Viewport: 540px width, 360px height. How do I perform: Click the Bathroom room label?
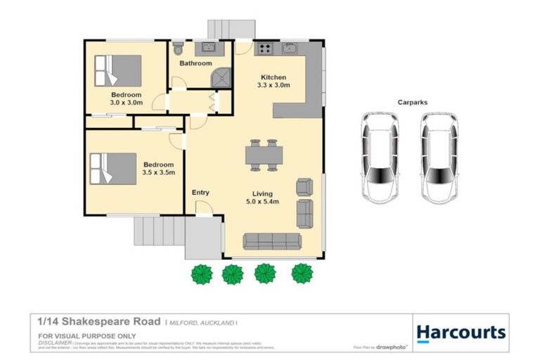[x=195, y=63]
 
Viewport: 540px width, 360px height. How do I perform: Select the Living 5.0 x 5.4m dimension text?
[x=264, y=202]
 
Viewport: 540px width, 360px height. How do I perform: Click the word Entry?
[x=200, y=193]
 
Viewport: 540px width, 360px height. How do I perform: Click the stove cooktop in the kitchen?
[x=266, y=49]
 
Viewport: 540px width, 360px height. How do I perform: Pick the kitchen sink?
[x=290, y=49]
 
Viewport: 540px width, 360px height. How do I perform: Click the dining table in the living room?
[x=264, y=154]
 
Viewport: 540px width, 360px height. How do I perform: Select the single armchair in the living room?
[x=304, y=187]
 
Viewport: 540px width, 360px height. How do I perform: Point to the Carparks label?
[x=412, y=102]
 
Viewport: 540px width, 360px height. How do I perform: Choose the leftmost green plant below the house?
[x=202, y=273]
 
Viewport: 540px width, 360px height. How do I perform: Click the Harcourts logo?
[x=460, y=332]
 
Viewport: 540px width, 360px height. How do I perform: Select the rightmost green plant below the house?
[x=302, y=272]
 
